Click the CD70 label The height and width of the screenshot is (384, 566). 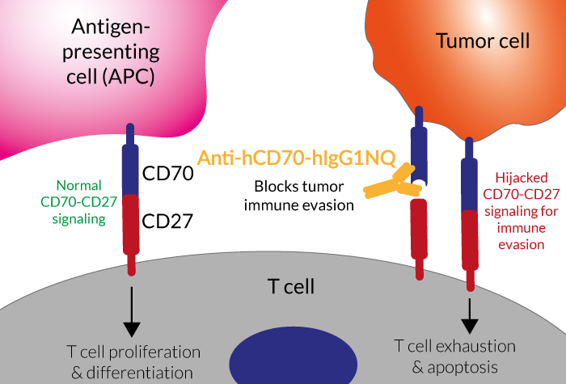pyautogui.click(x=168, y=173)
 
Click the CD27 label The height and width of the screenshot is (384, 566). pyautogui.click(x=168, y=220)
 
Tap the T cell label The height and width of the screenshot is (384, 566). pyautogui.click(x=291, y=287)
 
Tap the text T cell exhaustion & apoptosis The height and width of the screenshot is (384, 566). pyautogui.click(x=454, y=355)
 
